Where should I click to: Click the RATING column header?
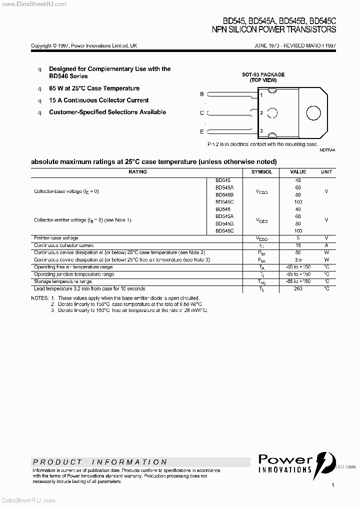point(137,171)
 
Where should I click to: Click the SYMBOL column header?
point(261,171)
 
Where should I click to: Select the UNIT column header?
point(326,171)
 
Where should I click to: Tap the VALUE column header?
point(298,171)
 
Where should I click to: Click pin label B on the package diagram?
point(202,94)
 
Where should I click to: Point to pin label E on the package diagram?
point(202,131)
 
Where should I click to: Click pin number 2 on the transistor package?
point(261,113)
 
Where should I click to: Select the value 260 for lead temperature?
point(298,289)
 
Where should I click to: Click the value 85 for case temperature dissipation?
point(298,252)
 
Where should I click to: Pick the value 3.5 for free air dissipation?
point(298,260)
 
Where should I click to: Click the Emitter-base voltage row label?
point(56,238)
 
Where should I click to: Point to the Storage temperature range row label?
point(62,281)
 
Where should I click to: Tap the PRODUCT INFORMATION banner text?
point(100,462)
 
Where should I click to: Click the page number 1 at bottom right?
point(332,485)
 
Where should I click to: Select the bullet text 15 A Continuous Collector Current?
point(98,100)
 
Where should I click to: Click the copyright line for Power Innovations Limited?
point(84,45)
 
